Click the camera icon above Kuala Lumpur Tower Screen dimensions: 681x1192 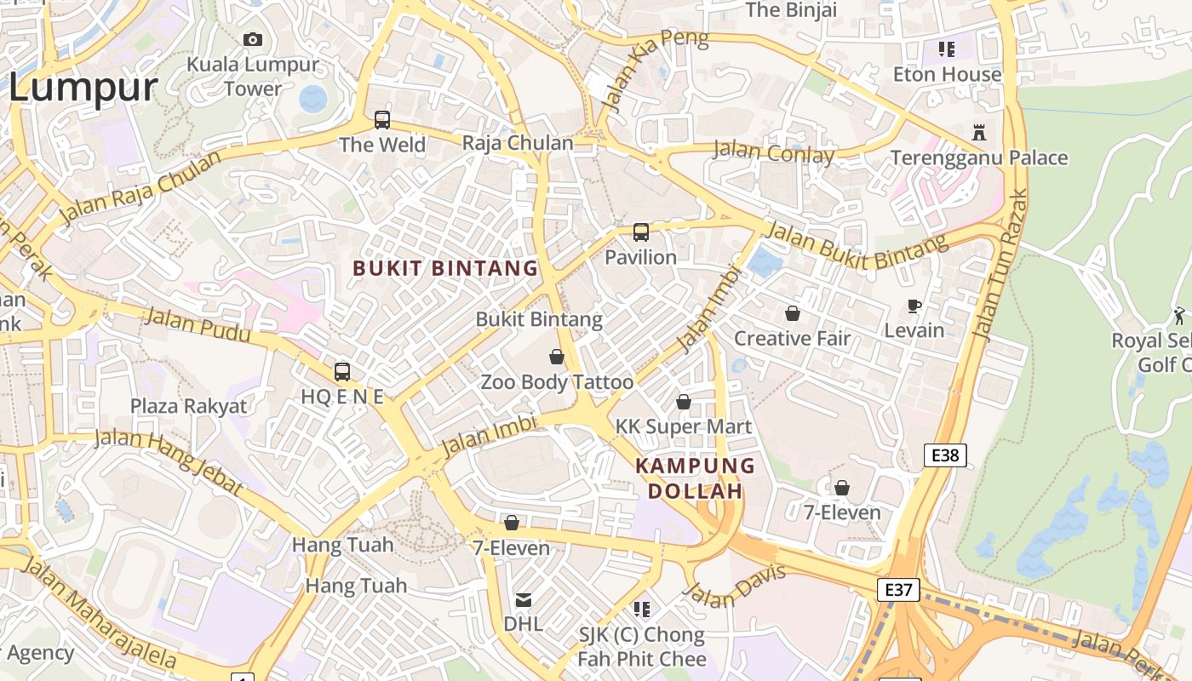[x=253, y=39]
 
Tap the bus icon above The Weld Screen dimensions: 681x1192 [x=382, y=120]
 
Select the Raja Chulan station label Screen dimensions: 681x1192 [x=518, y=143]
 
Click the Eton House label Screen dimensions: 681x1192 [x=947, y=75]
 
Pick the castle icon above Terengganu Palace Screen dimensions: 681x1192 [x=979, y=133]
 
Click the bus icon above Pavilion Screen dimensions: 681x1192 [x=641, y=232]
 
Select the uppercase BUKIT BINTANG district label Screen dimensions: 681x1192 [x=445, y=268]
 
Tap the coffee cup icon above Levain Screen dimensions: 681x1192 [x=914, y=306]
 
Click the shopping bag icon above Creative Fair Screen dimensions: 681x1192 [x=793, y=313]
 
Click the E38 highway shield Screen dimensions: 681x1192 [x=945, y=455]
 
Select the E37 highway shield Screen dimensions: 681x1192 [x=898, y=590]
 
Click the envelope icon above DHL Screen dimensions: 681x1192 [x=524, y=599]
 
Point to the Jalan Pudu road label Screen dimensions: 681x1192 [x=198, y=324]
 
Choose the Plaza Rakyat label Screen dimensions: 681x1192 [x=188, y=406]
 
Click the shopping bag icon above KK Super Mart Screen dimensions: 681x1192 [x=684, y=402]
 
